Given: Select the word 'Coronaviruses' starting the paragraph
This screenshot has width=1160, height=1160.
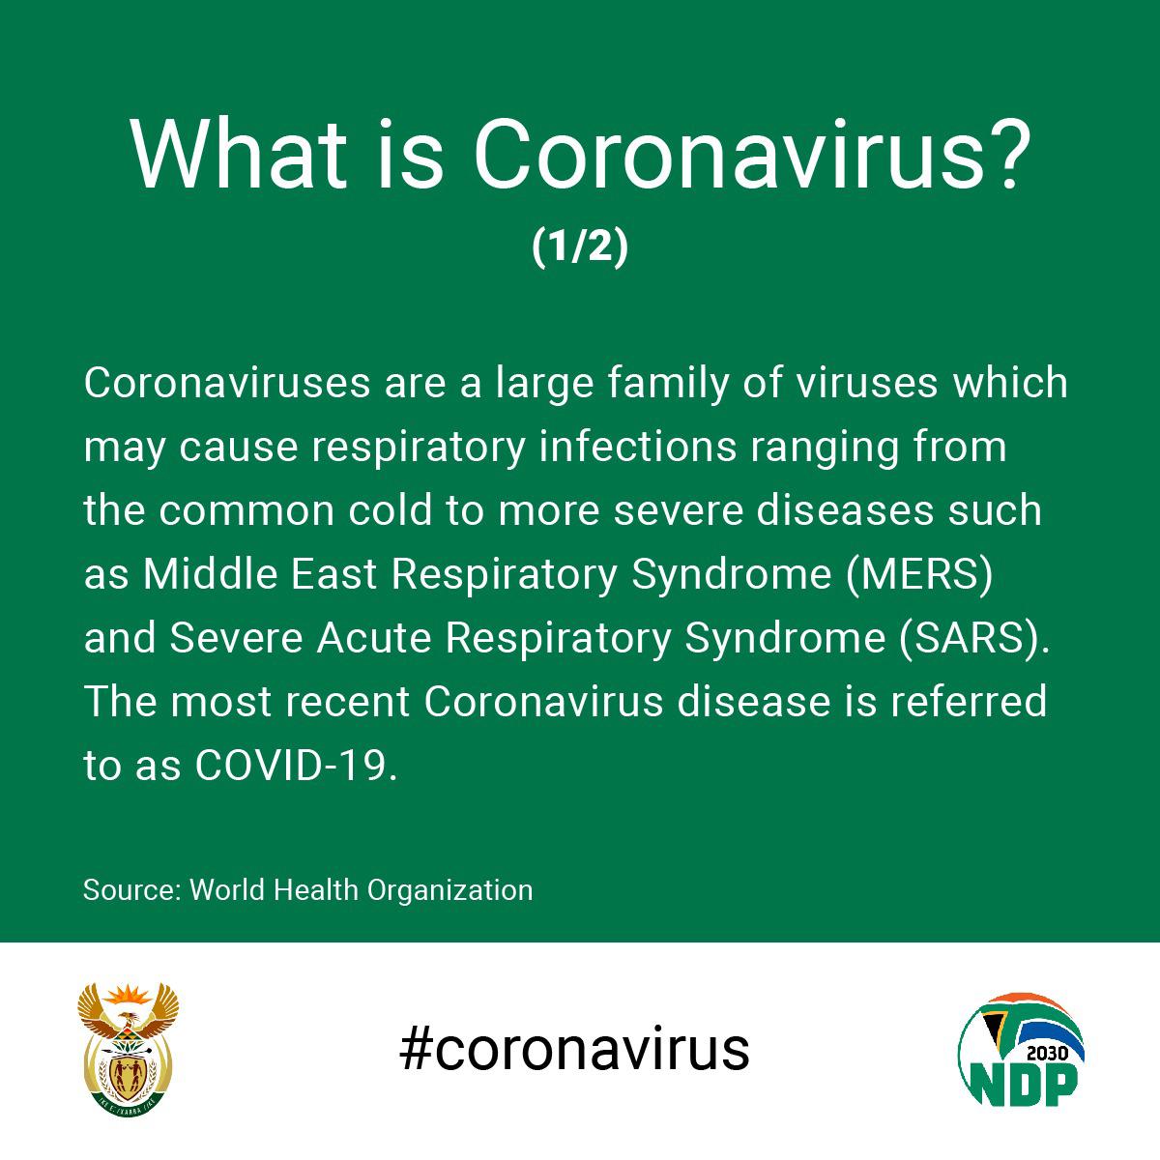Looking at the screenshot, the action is (227, 383).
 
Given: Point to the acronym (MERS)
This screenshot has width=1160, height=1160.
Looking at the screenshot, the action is (919, 575).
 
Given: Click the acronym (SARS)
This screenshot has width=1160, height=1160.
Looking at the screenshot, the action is (973, 639).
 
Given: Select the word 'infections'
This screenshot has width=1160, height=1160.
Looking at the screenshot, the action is (637, 447).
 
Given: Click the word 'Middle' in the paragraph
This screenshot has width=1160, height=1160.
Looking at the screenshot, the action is (210, 574).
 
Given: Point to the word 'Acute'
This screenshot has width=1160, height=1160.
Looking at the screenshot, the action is (374, 639).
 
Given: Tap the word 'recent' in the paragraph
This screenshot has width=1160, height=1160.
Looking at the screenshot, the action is (347, 703).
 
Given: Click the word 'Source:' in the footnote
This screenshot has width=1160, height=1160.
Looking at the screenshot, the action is (132, 890).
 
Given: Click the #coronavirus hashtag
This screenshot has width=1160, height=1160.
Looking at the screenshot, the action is (574, 1050).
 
